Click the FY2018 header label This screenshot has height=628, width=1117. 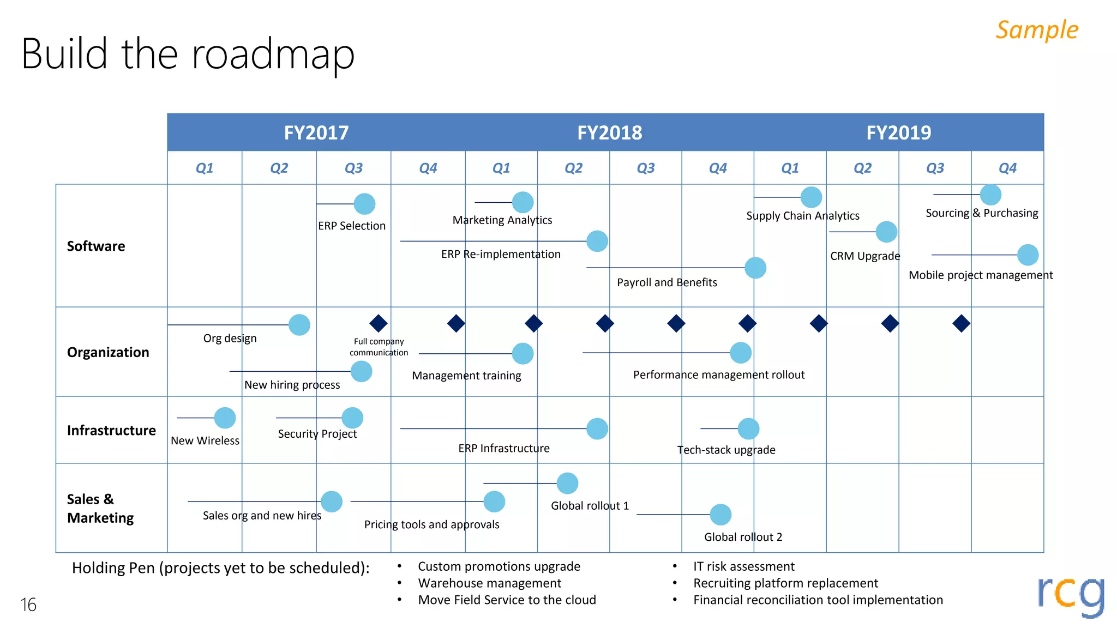[x=609, y=132]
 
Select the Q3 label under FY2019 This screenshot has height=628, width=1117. [x=934, y=168]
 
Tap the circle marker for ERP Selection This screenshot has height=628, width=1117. [x=364, y=204]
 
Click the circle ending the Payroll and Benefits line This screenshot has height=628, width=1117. [x=755, y=268]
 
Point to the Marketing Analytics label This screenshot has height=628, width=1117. [x=502, y=220]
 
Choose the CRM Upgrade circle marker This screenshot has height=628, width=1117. [x=886, y=232]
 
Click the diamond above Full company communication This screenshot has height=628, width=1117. [x=379, y=323]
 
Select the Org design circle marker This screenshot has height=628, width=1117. [x=299, y=325]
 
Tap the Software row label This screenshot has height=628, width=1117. [x=96, y=246]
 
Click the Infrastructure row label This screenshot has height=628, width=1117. [x=111, y=431]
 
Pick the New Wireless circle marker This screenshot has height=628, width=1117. [x=225, y=418]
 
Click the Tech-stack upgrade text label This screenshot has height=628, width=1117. [x=726, y=450]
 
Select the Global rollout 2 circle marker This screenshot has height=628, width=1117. [x=720, y=515]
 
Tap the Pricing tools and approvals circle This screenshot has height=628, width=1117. [x=494, y=502]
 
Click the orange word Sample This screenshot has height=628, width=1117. [x=1037, y=30]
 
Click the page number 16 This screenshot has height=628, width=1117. [x=28, y=605]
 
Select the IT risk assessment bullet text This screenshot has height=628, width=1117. [x=743, y=566]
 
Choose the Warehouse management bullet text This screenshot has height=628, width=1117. [x=489, y=583]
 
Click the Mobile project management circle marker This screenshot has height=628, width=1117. [x=1028, y=255]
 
